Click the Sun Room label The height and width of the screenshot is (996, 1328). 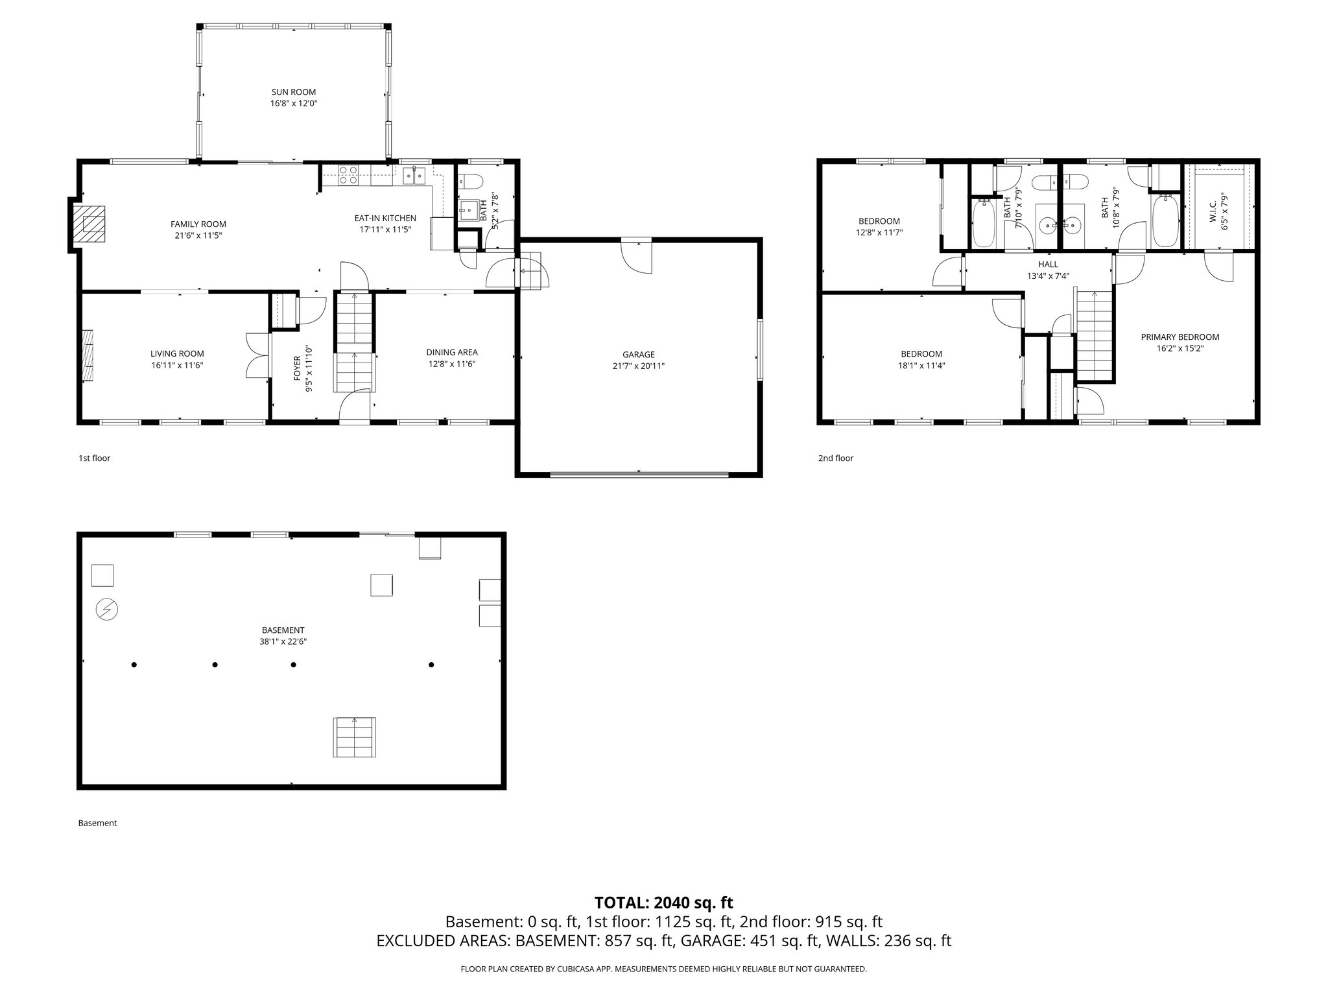tap(293, 92)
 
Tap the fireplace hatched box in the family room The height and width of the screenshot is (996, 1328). tap(89, 224)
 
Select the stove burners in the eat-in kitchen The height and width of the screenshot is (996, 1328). tap(349, 176)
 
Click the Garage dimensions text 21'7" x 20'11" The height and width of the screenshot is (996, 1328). tap(638, 366)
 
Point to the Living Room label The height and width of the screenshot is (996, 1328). tap(177, 353)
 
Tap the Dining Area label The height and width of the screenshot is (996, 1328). tap(451, 352)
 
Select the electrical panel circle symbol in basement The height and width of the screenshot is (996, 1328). tap(107, 609)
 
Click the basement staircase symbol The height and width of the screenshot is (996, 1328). tap(355, 737)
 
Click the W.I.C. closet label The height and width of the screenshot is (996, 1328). tap(1212, 211)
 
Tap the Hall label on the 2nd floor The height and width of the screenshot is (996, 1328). tap(1047, 264)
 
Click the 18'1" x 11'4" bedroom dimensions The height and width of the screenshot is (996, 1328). tap(921, 365)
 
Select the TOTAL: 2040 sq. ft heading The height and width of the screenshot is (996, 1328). tap(663, 902)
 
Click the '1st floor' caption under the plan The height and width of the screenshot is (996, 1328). tap(94, 458)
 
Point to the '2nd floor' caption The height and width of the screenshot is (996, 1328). tap(835, 458)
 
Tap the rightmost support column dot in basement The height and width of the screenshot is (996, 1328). tap(431, 665)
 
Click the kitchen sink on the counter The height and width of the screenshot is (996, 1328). tap(413, 174)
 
